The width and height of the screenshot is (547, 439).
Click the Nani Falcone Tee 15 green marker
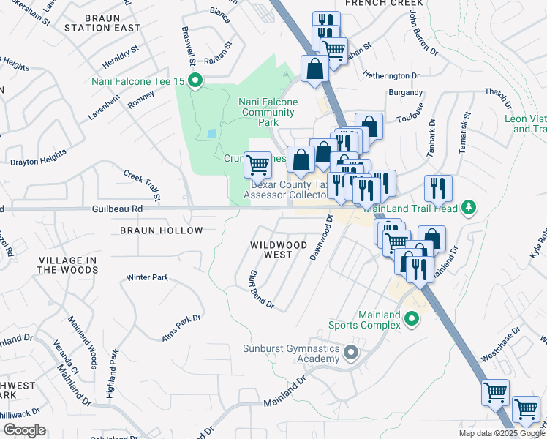pyautogui.click(x=195, y=81)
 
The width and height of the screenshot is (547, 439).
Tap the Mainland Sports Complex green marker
pyautogui.click(x=412, y=319)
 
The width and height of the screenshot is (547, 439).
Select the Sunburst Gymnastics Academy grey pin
pyautogui.click(x=351, y=353)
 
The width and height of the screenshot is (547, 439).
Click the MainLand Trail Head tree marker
pyautogui.click(x=469, y=209)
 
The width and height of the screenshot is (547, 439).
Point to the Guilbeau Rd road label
pyautogui.click(x=116, y=209)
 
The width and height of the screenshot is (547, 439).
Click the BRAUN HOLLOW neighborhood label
pyautogui.click(x=161, y=230)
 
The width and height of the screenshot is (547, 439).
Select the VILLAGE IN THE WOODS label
pyautogui.click(x=68, y=265)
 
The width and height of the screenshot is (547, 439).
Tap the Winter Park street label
pyautogui.click(x=147, y=278)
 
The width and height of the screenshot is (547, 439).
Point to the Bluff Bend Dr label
pyautogui.click(x=260, y=290)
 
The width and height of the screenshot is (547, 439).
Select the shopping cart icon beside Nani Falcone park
pyautogui.click(x=257, y=165)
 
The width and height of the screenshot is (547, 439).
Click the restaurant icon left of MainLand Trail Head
pyautogui.click(x=438, y=188)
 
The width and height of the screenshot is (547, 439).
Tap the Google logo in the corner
pyautogui.click(x=24, y=429)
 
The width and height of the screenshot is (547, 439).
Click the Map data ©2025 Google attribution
pyautogui.click(x=501, y=433)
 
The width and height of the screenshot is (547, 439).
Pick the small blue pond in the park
pyautogui.click(x=211, y=133)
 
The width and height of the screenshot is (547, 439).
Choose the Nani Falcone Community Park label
pyautogui.click(x=268, y=112)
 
